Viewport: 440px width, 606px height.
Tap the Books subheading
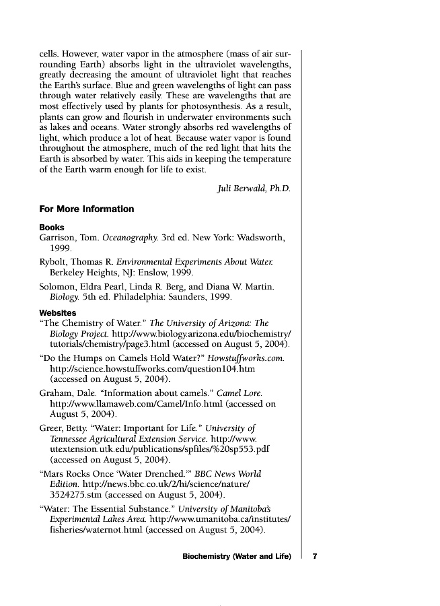pyautogui.click(x=52, y=228)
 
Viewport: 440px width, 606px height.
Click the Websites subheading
pyautogui.click(x=57, y=313)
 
